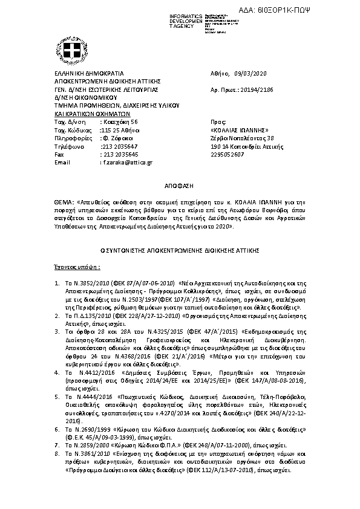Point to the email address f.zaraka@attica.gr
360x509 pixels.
click(128, 163)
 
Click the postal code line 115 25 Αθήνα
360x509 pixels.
click(120, 130)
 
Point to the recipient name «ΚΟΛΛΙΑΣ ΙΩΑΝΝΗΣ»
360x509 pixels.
click(239, 130)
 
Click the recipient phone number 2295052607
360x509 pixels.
click(227, 154)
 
